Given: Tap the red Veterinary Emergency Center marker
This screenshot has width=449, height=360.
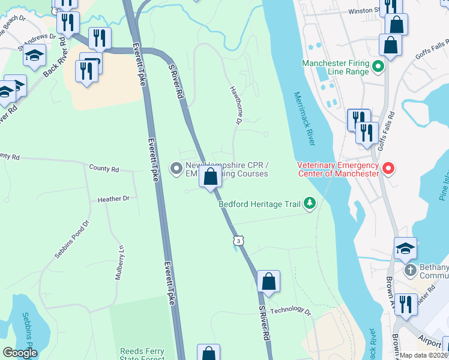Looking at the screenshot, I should point(388,169).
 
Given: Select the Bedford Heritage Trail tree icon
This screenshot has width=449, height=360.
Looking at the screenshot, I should point(310,204).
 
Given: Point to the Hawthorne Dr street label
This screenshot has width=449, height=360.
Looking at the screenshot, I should point(235,106).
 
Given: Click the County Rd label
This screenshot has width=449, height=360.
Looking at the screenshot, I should point(103,169).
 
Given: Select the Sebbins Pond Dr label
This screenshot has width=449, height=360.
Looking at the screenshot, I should point(71,239).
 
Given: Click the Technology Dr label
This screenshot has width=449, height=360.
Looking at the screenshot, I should point(291,311).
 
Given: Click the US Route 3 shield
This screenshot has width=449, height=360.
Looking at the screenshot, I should point(238,241).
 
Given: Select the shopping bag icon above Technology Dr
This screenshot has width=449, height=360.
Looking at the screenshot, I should point(269,281).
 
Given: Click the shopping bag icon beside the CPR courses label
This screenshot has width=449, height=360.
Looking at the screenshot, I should point(211,177).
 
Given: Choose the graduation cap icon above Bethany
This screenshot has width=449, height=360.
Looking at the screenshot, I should point(405,247).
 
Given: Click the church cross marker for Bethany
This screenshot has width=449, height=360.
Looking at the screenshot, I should point(411,270).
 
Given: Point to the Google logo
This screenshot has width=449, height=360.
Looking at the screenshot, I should point(20,353).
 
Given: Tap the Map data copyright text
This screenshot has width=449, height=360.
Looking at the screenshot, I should point(424,355).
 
